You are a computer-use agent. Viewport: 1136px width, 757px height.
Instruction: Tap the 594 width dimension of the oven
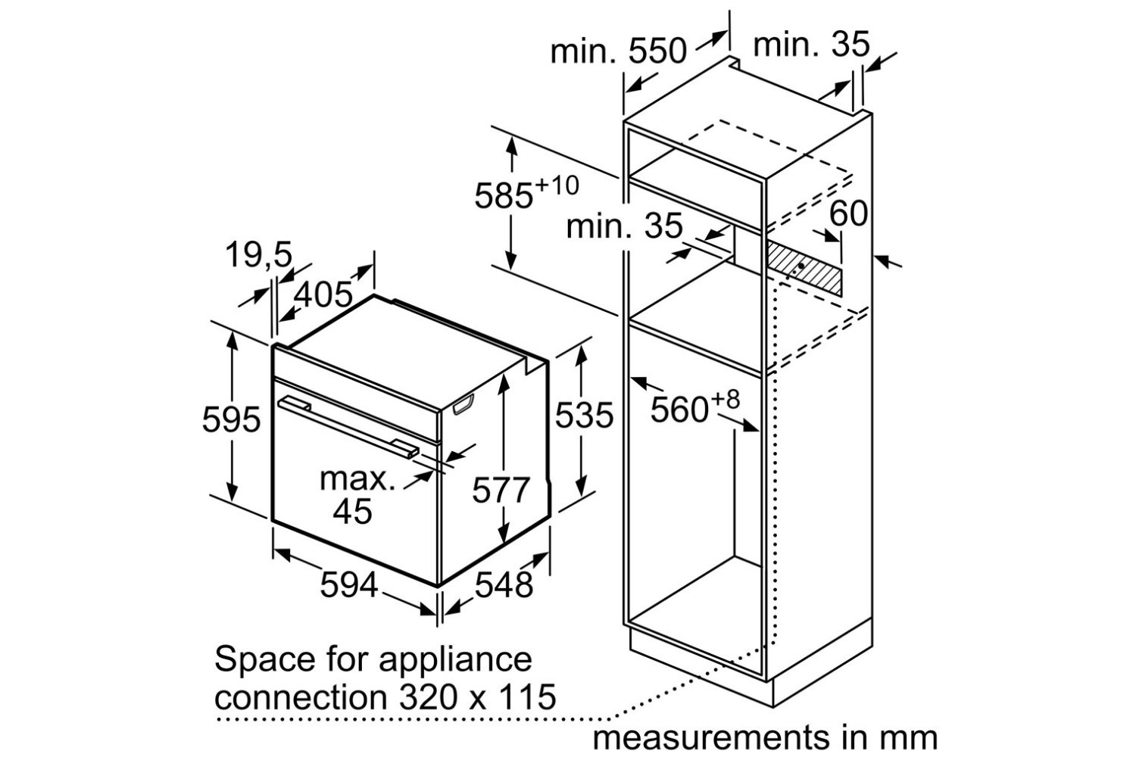[349, 584]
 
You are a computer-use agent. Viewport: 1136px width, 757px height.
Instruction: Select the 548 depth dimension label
[504, 584]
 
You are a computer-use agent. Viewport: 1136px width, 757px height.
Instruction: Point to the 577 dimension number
[501, 490]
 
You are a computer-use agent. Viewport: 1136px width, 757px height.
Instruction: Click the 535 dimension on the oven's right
[584, 416]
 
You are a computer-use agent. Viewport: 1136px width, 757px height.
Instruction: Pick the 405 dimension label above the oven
[323, 294]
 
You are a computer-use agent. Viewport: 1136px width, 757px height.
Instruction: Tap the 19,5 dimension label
[259, 254]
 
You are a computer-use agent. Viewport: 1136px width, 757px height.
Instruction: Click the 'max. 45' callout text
[357, 494]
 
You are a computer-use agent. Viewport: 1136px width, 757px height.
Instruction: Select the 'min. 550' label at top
[618, 51]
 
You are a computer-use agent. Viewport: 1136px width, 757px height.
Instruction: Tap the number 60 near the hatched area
[848, 213]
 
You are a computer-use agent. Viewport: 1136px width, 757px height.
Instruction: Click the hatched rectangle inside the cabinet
[804, 269]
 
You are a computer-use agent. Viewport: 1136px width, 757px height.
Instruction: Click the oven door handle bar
[349, 426]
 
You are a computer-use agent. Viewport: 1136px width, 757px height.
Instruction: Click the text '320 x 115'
[477, 696]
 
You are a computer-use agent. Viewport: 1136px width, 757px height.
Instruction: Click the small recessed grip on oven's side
[463, 404]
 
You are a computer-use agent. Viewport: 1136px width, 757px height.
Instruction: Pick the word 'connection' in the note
[301, 696]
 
